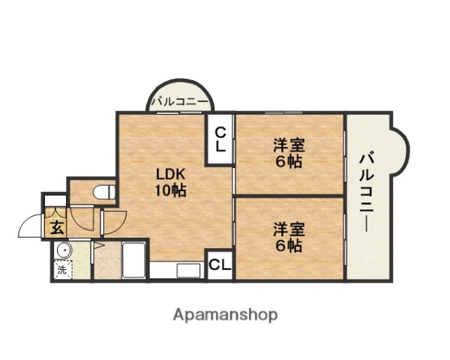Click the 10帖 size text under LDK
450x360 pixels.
(x=170, y=190)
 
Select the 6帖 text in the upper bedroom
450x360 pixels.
(x=288, y=162)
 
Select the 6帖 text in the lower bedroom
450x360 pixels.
(x=288, y=245)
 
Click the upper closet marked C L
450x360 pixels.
(x=220, y=139)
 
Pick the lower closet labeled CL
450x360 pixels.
(x=220, y=264)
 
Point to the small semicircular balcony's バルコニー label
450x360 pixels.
(x=180, y=101)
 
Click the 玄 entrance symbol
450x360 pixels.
(x=56, y=227)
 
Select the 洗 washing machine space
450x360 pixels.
(x=61, y=268)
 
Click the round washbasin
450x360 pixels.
(x=62, y=250)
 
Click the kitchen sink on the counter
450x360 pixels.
(x=186, y=270)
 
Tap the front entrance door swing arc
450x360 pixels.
(x=30, y=225)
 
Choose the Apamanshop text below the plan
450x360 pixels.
(x=225, y=314)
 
